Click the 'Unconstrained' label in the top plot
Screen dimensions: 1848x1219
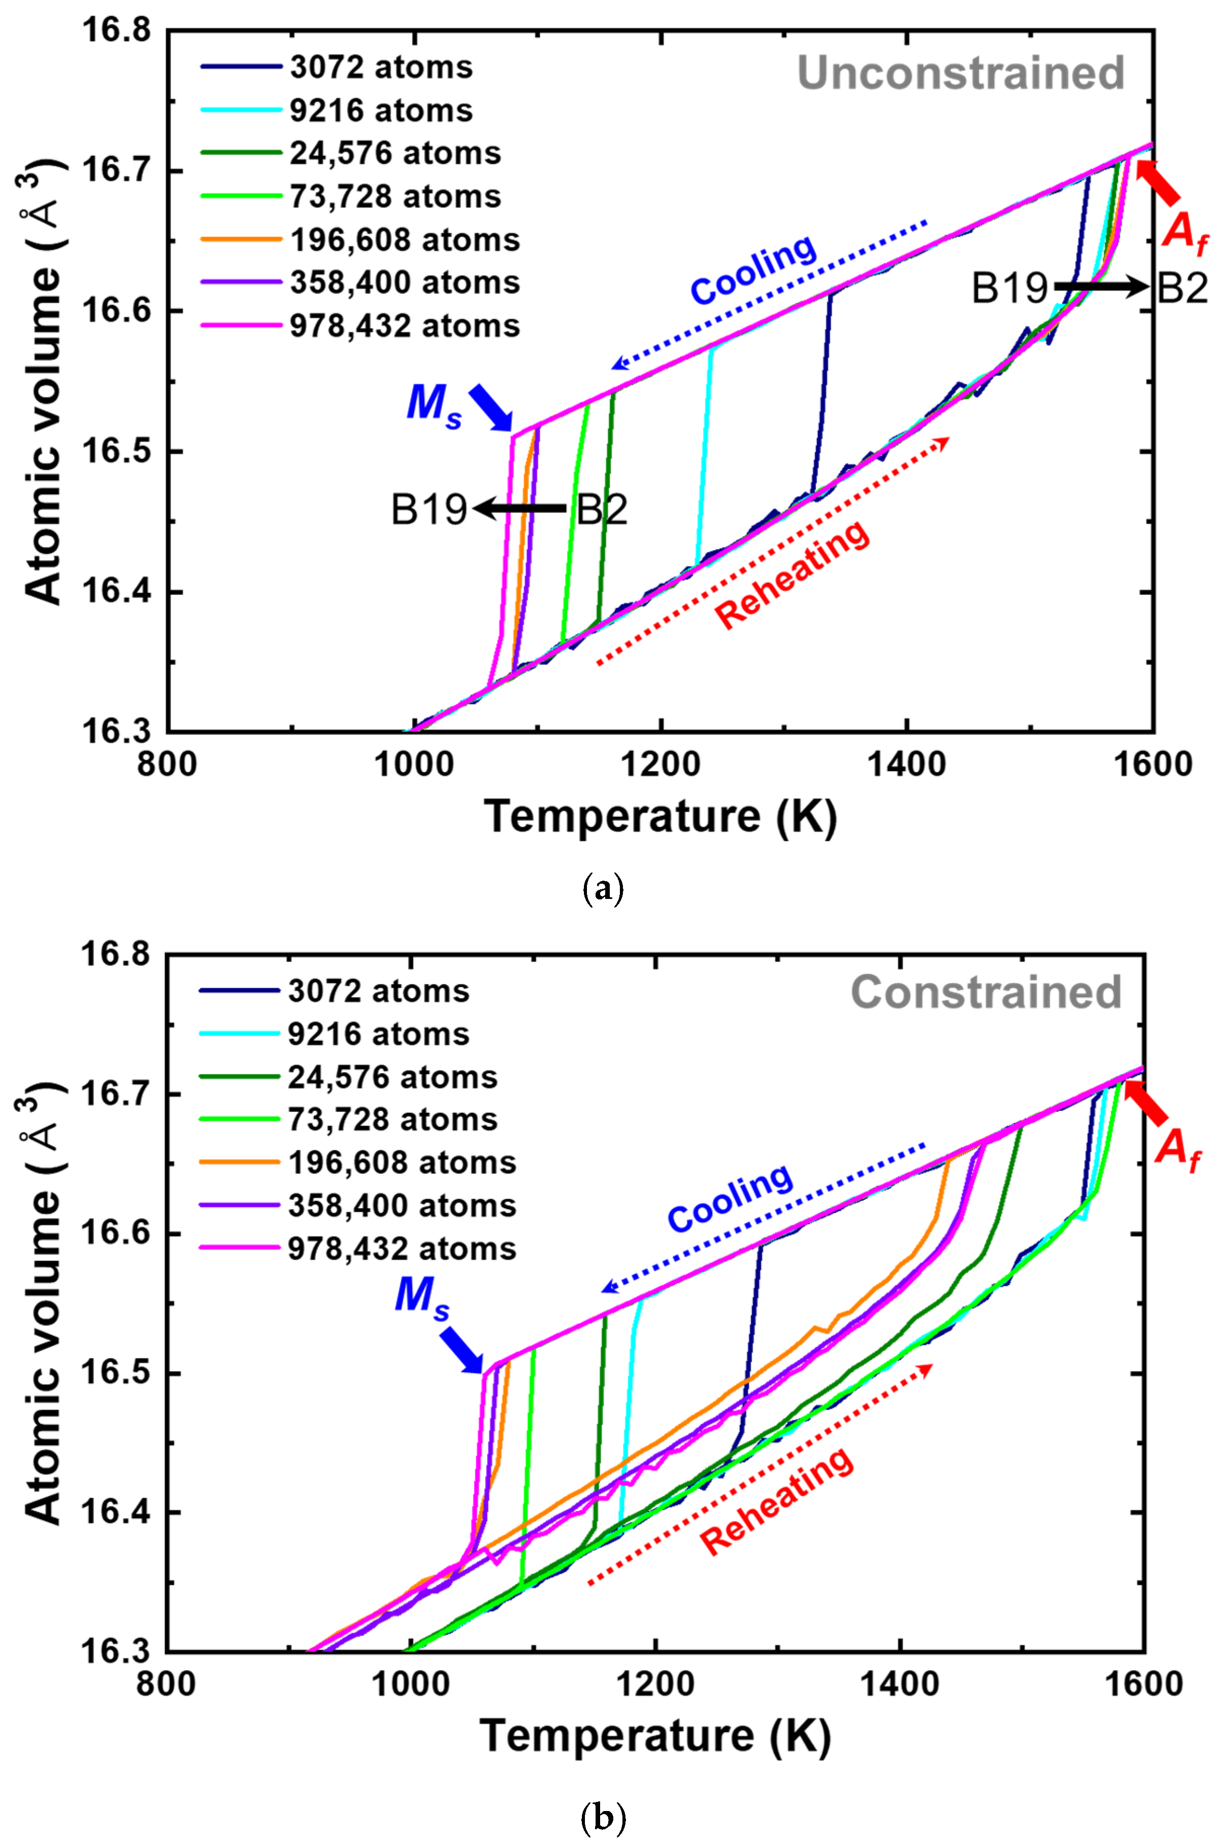pos(961,73)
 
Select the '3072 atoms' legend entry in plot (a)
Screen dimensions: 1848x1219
pos(381,67)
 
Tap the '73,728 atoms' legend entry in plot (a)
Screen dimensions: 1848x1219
pos(395,197)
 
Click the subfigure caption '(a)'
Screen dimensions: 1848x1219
pos(603,887)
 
